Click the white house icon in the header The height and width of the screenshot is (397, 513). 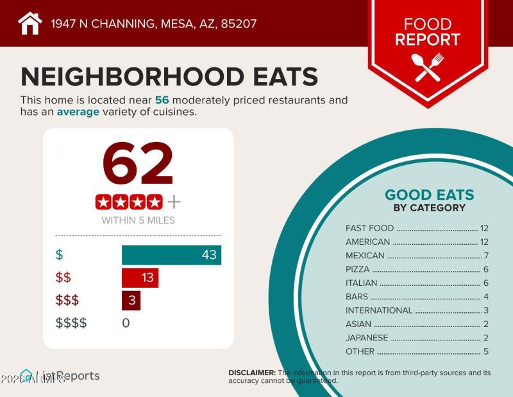(29, 24)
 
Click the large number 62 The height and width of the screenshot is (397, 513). (138, 164)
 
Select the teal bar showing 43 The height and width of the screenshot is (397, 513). (171, 254)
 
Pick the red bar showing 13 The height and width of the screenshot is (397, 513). (140, 278)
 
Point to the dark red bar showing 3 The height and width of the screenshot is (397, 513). (131, 300)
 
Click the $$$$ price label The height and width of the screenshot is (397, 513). (71, 322)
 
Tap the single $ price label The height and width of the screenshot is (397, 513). (60, 254)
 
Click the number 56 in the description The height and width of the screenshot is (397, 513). (162, 100)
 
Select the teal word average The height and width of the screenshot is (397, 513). (78, 112)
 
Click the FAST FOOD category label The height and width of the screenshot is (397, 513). (369, 228)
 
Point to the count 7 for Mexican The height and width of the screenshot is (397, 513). (486, 256)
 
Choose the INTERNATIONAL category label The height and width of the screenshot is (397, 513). (379, 310)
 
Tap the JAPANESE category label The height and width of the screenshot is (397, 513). (367, 338)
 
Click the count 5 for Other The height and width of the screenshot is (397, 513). (486, 351)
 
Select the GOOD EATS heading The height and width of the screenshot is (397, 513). (429, 195)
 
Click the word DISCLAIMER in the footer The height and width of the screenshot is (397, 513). (252, 373)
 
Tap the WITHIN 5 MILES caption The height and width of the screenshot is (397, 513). (138, 220)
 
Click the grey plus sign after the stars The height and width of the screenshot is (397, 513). (174, 202)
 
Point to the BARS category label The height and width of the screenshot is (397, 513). (357, 297)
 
